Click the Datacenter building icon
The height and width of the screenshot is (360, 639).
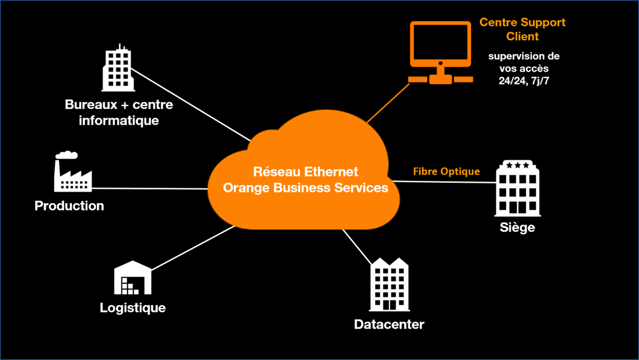click(389, 284)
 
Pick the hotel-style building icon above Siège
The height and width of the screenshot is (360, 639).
click(517, 189)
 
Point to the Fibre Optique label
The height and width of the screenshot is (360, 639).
click(446, 171)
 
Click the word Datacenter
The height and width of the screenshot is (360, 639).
click(389, 324)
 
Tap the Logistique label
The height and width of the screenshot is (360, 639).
click(133, 308)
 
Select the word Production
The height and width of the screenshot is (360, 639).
click(69, 206)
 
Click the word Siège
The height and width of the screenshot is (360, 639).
click(517, 227)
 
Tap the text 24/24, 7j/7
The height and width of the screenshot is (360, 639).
click(523, 81)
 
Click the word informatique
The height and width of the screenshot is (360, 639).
click(119, 121)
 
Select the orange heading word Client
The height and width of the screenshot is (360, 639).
click(523, 36)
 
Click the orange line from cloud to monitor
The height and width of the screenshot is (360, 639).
click(388, 103)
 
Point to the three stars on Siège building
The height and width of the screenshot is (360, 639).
click(517, 165)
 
